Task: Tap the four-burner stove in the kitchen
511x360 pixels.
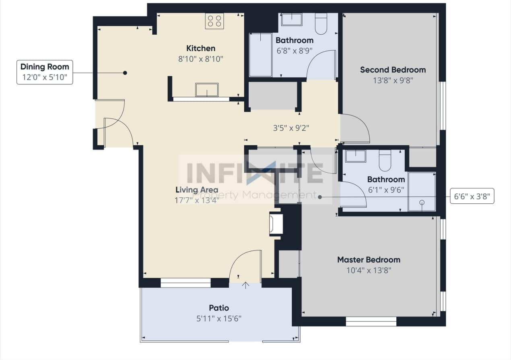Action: [x=214, y=21]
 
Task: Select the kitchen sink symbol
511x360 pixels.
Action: [x=207, y=89]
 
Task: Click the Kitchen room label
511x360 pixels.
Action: [x=201, y=48]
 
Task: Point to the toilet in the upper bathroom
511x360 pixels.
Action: [x=321, y=24]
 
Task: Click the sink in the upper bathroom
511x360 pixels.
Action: [x=291, y=19]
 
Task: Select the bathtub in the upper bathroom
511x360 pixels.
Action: [x=260, y=55]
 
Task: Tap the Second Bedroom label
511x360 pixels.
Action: [x=393, y=70]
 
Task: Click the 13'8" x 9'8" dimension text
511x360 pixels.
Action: [x=393, y=80]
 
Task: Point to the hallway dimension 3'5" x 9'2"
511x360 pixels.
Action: [x=291, y=128]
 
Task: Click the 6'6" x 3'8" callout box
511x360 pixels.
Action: [x=472, y=197]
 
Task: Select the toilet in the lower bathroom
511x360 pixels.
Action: [x=385, y=160]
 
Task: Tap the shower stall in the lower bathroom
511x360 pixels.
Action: [x=422, y=192]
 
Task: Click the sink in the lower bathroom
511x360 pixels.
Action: [x=355, y=156]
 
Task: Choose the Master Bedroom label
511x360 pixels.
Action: [x=369, y=260]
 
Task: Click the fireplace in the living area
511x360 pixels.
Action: [x=276, y=224]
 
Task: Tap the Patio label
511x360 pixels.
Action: [x=219, y=308]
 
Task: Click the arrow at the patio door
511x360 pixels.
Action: [x=245, y=285]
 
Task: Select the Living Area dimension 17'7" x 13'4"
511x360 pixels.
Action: [x=197, y=200]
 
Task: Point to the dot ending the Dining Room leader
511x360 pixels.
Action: [x=125, y=73]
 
